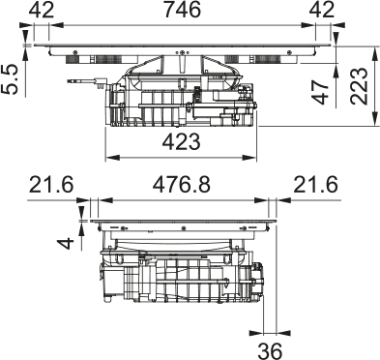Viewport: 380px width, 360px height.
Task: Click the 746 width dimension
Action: click(x=182, y=10)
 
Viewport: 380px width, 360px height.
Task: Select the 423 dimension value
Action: click(x=182, y=142)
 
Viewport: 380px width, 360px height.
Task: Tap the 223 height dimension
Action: click(x=359, y=85)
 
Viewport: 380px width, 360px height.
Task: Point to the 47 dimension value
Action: click(x=321, y=93)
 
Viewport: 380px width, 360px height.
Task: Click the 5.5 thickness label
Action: click(x=9, y=79)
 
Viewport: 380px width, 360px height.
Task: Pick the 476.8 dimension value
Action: click(x=182, y=185)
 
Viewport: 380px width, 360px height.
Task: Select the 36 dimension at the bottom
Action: click(x=270, y=350)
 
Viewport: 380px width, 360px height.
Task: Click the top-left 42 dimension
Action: click(x=42, y=10)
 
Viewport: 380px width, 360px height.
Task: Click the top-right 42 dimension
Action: click(x=322, y=10)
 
